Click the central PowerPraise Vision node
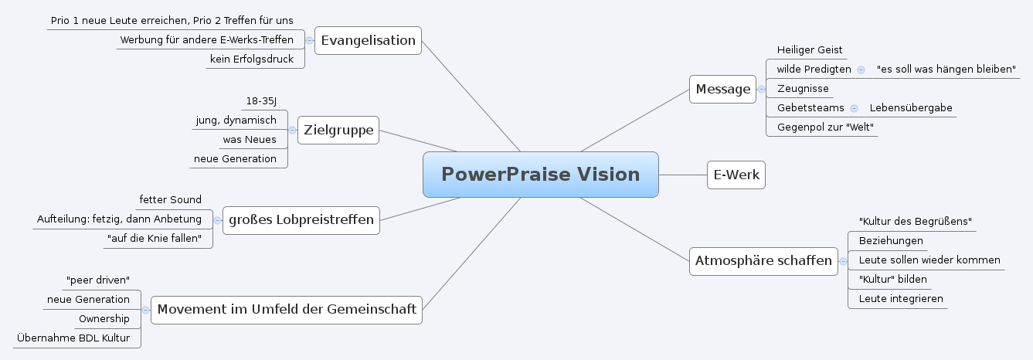(540, 175)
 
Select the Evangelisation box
(368, 40)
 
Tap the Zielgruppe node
(338, 130)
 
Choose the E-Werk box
(736, 175)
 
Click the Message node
(722, 89)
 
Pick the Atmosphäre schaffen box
(763, 260)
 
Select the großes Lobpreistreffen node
(301, 220)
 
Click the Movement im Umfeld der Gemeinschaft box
(287, 310)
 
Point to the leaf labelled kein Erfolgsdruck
(252, 59)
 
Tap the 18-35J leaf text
(261, 101)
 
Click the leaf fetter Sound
(170, 200)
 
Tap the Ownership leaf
(104, 318)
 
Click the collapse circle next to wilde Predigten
(861, 70)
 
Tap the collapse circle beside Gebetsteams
(854, 108)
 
